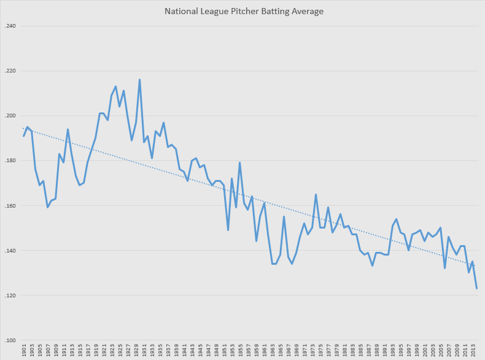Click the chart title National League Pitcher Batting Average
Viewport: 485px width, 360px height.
click(x=244, y=11)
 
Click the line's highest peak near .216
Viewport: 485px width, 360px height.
click(x=139, y=80)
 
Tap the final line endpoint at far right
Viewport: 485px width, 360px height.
click(x=476, y=288)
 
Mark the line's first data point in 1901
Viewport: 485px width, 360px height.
click(x=23, y=136)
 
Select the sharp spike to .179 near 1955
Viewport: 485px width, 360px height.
click(x=239, y=162)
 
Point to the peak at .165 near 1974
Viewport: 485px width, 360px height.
click(x=316, y=194)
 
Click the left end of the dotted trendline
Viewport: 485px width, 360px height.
click(x=23, y=128)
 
